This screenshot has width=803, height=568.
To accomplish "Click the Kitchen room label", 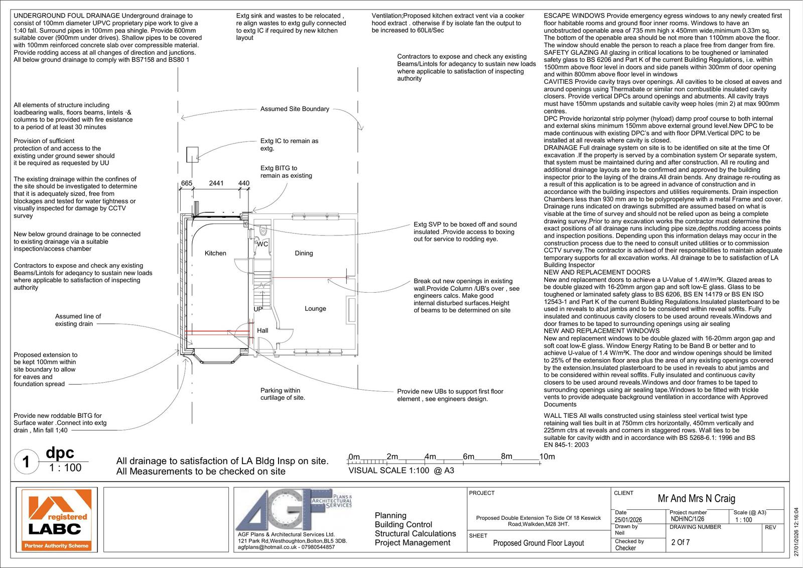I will (215, 253).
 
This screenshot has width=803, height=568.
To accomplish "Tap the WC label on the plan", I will (262, 244).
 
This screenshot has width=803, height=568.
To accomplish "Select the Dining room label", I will (304, 253).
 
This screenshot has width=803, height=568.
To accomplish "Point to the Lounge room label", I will (315, 308).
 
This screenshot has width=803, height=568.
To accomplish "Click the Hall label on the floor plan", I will (262, 330).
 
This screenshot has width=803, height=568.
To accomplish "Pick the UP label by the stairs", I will (258, 309).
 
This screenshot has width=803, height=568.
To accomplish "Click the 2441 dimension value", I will (216, 183).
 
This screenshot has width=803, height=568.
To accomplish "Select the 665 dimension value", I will (187, 183).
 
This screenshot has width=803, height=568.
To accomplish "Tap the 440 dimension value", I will (243, 183).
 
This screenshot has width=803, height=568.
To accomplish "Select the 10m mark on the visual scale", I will (547, 457).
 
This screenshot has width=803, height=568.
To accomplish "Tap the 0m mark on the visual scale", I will (354, 457).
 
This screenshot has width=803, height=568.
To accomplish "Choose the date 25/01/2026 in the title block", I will (629, 520).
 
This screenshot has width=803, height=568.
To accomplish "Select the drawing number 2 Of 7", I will (681, 542).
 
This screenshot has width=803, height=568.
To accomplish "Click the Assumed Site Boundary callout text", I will (295, 109).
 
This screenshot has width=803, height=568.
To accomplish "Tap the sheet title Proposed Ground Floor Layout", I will (539, 543).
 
